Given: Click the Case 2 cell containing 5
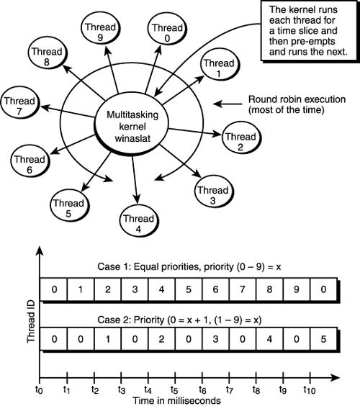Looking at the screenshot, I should [325, 337].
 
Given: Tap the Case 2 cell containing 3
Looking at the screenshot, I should [216, 337].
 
